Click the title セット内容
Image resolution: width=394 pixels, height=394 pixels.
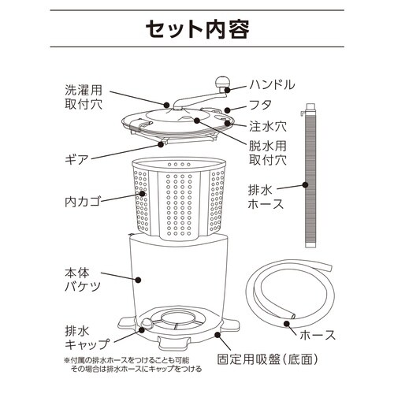coord(197,29)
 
